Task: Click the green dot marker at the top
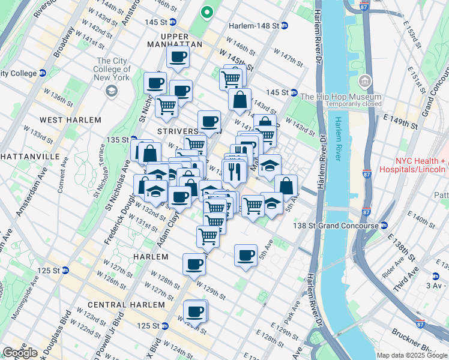[x=207, y=11]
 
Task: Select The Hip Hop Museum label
[x=340, y=97]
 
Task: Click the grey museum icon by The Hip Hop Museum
[x=365, y=82]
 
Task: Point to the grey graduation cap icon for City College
[x=111, y=91]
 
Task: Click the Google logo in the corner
[x=19, y=353]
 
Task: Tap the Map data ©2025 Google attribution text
[x=412, y=355]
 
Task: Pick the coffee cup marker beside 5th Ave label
[x=245, y=256]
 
